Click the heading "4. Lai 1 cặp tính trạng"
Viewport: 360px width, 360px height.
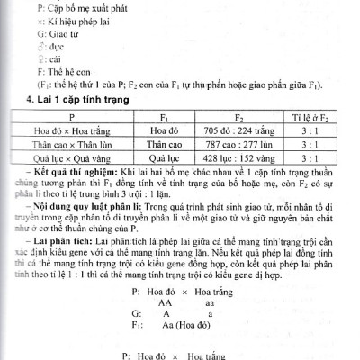78,98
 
